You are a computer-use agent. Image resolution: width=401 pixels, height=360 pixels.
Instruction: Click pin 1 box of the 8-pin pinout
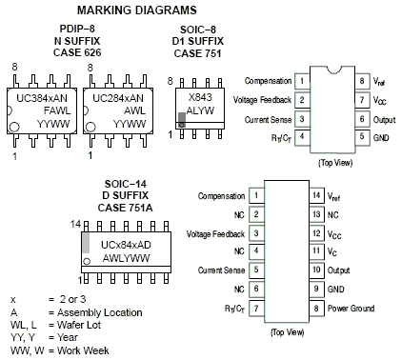tap(301, 81)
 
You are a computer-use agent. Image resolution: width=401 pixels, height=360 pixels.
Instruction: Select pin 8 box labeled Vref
tap(362, 81)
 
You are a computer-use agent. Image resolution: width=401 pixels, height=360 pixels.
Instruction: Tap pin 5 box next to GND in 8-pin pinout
tap(362, 136)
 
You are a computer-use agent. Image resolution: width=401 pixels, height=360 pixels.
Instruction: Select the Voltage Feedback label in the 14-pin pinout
tap(216, 233)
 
